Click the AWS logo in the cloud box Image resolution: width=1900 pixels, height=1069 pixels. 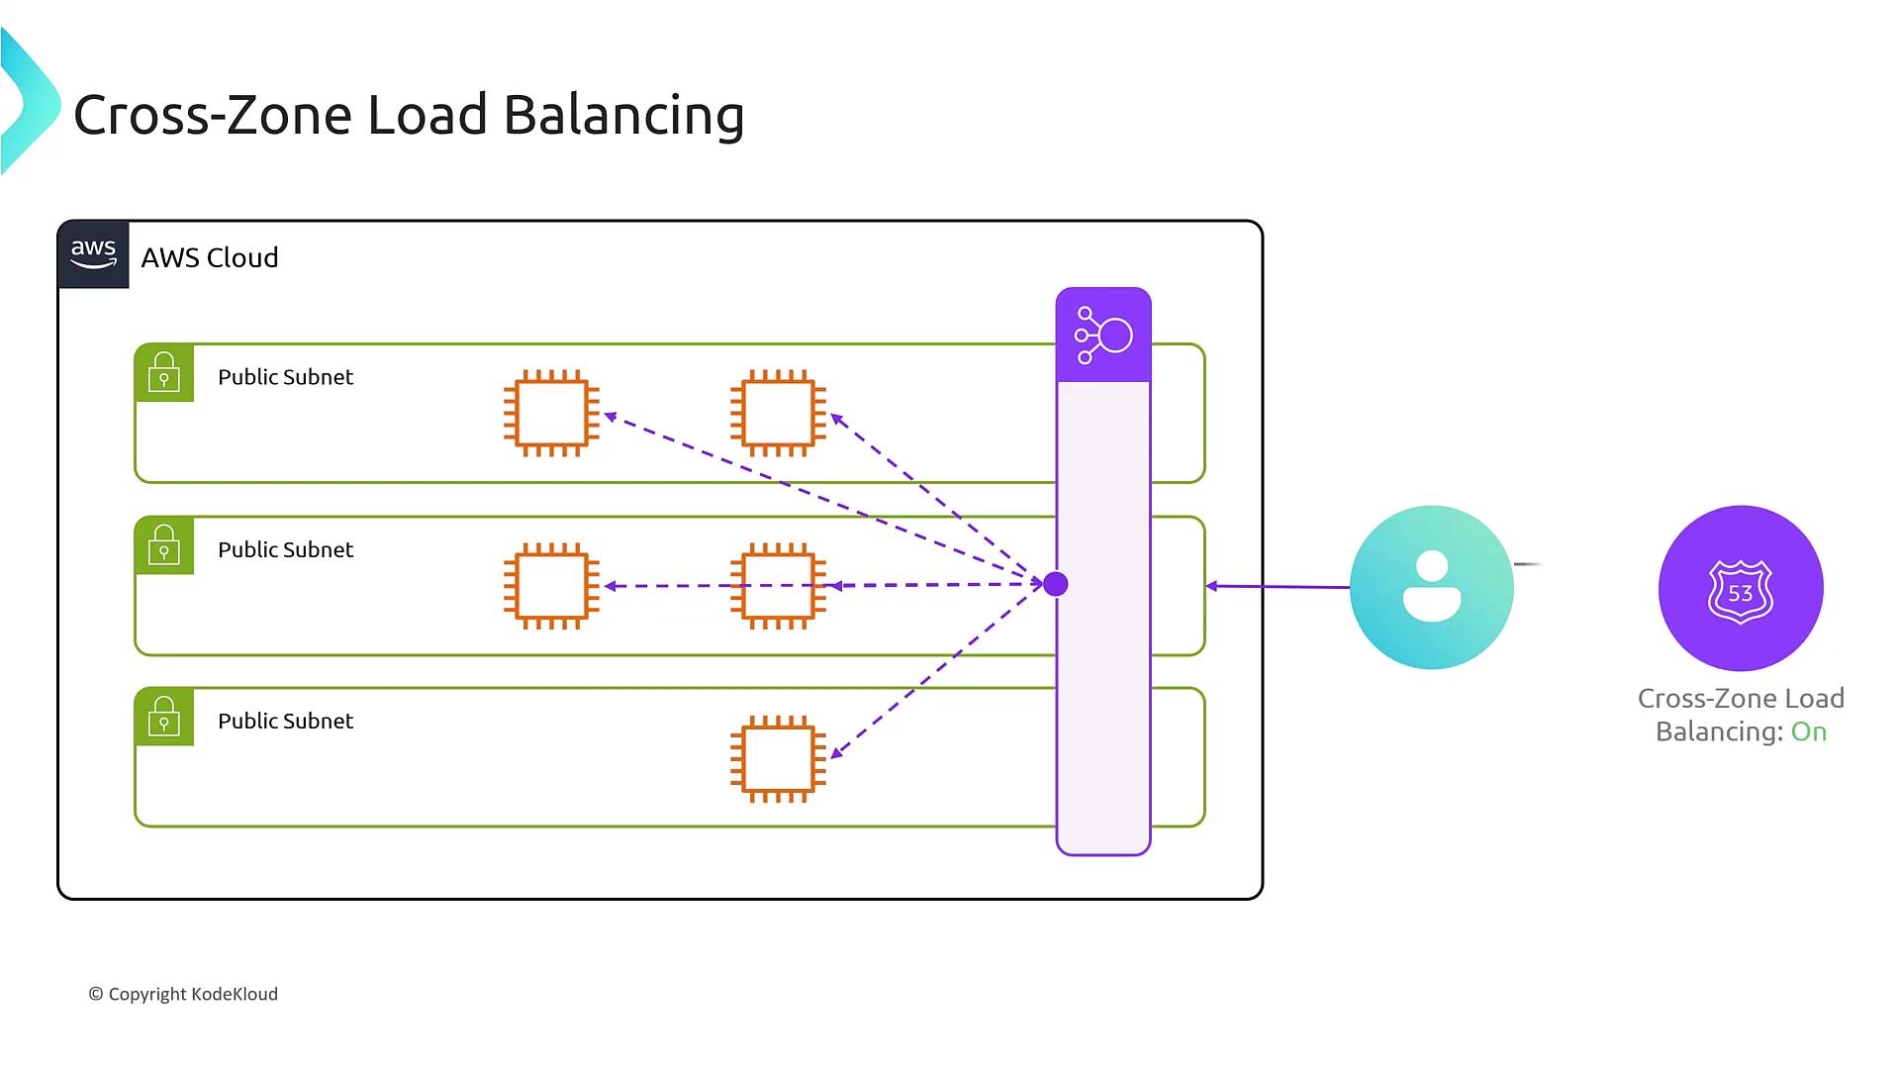coord(93,254)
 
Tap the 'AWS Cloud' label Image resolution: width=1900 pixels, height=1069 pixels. coord(210,258)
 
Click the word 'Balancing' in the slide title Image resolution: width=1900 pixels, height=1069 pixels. coord(623,116)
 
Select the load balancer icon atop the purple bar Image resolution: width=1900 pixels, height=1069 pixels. coord(1103,336)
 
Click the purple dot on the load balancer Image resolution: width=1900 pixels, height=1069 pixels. coord(1056,584)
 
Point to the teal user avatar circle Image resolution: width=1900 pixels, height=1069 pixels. coord(1431,587)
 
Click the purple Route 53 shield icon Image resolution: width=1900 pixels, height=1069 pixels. coord(1741,588)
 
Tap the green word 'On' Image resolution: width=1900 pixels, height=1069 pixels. coord(1809,732)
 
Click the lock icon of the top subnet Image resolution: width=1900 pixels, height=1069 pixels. coord(164,373)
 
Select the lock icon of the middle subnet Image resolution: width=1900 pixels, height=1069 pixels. coord(164,545)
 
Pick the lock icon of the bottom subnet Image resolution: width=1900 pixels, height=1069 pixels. coord(164,717)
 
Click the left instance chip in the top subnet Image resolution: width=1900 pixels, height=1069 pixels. coord(551,413)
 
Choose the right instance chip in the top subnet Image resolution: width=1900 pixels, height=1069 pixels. coord(778,413)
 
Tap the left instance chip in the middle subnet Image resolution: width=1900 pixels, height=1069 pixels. coord(551,585)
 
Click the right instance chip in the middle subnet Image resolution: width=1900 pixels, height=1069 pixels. coord(778,585)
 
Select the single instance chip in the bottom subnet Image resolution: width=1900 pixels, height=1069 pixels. coord(778,758)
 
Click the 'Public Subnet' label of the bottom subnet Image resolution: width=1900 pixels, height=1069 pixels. coord(285,722)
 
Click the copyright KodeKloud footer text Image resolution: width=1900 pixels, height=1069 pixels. coord(183,995)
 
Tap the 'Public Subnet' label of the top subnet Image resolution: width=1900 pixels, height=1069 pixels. coord(285,377)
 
